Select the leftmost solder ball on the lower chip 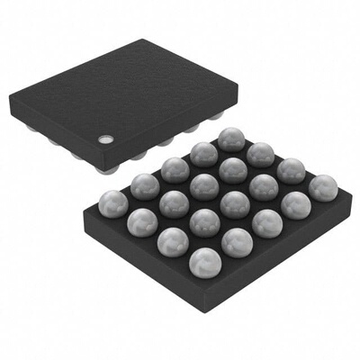click(x=112, y=201)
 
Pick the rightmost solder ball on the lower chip click(x=321, y=187)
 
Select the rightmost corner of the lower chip click(x=347, y=191)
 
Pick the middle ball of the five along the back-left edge click(x=174, y=168)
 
